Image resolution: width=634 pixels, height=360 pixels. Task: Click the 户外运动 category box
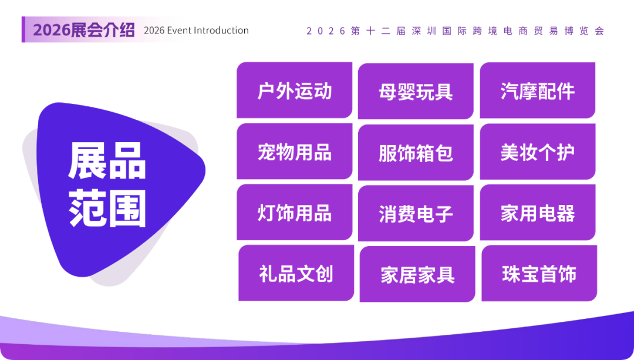294,91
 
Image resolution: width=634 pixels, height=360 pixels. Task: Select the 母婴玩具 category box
416,92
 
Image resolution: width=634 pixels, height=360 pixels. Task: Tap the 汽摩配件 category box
537,91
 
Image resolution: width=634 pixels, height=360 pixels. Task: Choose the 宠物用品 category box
294,152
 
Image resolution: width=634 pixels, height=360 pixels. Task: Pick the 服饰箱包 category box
416,153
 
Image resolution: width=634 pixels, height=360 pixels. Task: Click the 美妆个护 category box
537,152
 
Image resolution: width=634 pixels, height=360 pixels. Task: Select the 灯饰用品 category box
294,213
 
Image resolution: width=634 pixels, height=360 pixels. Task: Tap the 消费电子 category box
416,213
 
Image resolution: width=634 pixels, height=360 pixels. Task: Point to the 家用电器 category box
537,213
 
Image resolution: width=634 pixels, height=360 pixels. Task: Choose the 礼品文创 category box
296,274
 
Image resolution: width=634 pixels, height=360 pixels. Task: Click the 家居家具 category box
417,274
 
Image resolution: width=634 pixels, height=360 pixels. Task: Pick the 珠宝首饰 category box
539,274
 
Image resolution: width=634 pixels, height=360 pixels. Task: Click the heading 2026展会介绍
83,30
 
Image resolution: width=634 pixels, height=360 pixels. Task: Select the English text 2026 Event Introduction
196,31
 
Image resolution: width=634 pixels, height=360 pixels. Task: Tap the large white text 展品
107,162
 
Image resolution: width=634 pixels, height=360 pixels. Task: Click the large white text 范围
107,208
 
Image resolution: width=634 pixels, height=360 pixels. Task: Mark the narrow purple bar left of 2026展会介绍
23,29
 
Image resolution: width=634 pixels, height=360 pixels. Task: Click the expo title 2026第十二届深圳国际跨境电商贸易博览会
455,31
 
